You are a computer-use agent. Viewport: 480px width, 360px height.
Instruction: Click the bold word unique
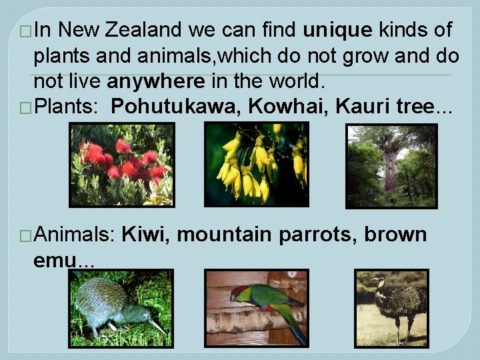(337, 30)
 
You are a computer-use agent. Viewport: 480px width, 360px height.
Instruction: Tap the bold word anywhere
(156, 81)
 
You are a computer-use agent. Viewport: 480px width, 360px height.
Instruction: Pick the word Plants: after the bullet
(66, 106)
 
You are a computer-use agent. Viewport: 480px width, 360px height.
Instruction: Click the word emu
(55, 259)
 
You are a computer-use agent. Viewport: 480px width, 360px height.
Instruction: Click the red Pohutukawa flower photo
(121, 165)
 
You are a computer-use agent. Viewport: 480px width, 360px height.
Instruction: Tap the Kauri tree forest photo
(391, 166)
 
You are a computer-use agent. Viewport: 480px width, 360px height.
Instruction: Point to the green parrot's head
(238, 291)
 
